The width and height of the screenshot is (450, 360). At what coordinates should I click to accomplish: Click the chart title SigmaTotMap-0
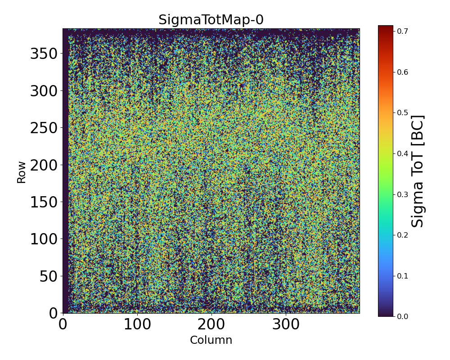click(211, 20)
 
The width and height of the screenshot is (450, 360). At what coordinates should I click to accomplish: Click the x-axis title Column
click(211, 340)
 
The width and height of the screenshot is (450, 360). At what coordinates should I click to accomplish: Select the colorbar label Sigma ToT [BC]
click(418, 171)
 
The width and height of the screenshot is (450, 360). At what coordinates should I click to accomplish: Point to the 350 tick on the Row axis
click(44, 54)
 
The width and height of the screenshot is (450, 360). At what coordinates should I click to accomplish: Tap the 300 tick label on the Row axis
click(44, 91)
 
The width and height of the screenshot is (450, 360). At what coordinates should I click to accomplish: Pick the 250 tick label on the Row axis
click(44, 128)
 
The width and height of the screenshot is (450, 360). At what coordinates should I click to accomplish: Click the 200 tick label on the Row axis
click(44, 165)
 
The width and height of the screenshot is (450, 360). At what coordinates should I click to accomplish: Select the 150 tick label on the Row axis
click(44, 202)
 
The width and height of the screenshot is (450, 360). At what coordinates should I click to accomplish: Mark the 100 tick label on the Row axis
click(44, 239)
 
